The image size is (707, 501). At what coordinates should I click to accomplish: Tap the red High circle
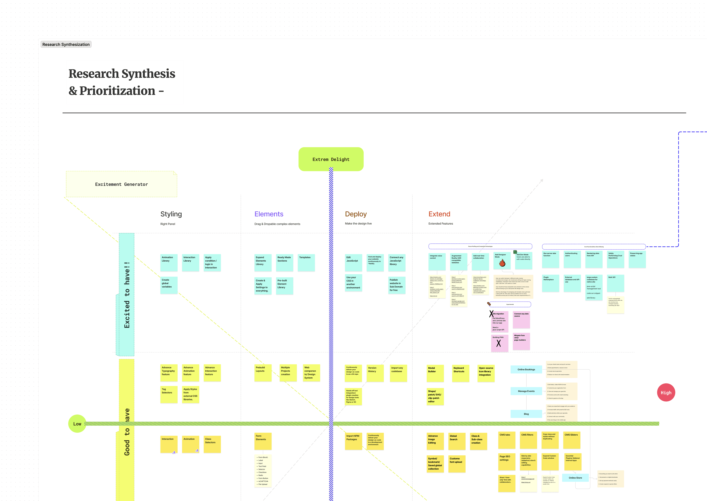pos(666,392)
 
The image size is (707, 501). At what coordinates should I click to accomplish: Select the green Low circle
pos(77,424)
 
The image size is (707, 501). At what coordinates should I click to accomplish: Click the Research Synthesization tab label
pos(66,44)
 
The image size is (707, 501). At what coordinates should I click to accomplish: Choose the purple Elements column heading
pos(269,214)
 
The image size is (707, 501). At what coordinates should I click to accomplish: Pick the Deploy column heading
pos(356,214)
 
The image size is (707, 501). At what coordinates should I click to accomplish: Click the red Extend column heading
pos(439,214)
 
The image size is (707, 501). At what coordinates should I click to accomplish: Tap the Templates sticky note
pos(306,262)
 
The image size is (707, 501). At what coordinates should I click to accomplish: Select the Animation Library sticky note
pos(169,262)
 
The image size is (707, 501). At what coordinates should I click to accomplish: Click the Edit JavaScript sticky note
pos(353,262)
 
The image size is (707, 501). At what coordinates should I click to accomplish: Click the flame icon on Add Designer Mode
pos(502,263)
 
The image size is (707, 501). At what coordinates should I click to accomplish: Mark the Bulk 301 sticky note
pos(615,283)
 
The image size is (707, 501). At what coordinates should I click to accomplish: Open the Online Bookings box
pos(526,369)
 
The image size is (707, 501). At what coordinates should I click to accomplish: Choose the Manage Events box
pos(526,391)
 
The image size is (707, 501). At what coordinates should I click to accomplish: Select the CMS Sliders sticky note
pos(571,440)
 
